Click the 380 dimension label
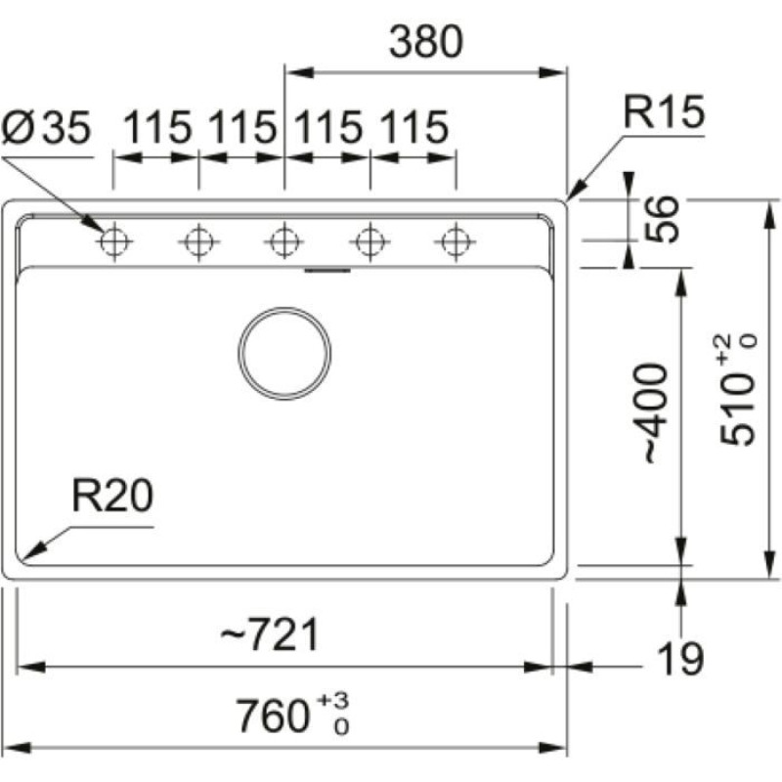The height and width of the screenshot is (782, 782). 424,42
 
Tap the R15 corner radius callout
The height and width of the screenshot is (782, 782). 665,115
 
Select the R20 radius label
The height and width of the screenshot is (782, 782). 111,497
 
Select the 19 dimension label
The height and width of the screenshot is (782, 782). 679,660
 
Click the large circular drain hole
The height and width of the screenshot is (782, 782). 284,352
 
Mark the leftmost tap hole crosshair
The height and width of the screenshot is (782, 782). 114,239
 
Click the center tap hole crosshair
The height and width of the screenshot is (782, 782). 283,239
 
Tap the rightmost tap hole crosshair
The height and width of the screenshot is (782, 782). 455,239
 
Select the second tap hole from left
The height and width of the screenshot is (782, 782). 198,239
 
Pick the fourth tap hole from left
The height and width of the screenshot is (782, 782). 369,239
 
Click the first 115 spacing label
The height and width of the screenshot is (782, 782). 156,127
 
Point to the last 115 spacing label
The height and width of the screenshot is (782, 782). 413,127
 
